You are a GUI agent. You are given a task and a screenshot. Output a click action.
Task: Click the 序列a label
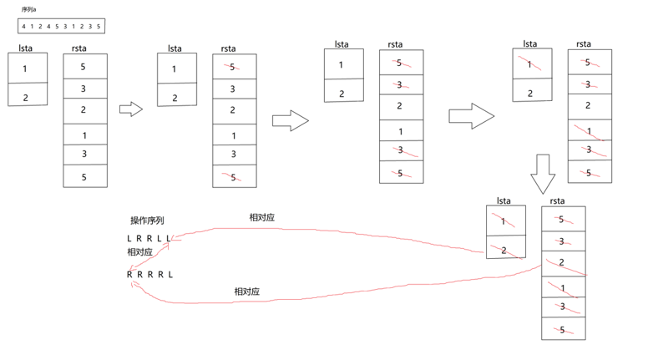[28, 9]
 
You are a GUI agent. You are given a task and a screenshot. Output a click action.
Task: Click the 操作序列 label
[147, 221]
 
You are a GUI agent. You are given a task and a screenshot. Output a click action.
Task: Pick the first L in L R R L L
[130, 239]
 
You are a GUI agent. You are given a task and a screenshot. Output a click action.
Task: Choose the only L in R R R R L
[171, 274]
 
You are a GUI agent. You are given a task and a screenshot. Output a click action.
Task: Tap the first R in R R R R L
[130, 274]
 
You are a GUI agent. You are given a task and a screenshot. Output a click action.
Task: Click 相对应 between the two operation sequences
[140, 252]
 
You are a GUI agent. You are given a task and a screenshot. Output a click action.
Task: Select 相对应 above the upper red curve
[261, 218]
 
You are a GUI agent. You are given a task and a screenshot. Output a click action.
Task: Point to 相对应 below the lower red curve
[246, 292]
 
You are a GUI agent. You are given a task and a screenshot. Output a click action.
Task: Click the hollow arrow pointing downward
[544, 174]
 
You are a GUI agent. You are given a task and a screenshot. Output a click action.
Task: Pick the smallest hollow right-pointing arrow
[131, 109]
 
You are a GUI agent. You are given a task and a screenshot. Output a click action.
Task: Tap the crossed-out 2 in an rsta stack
[562, 262]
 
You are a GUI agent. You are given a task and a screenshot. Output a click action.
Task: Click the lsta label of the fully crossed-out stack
[503, 200]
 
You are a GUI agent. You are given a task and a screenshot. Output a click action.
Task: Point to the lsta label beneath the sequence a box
[25, 49]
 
